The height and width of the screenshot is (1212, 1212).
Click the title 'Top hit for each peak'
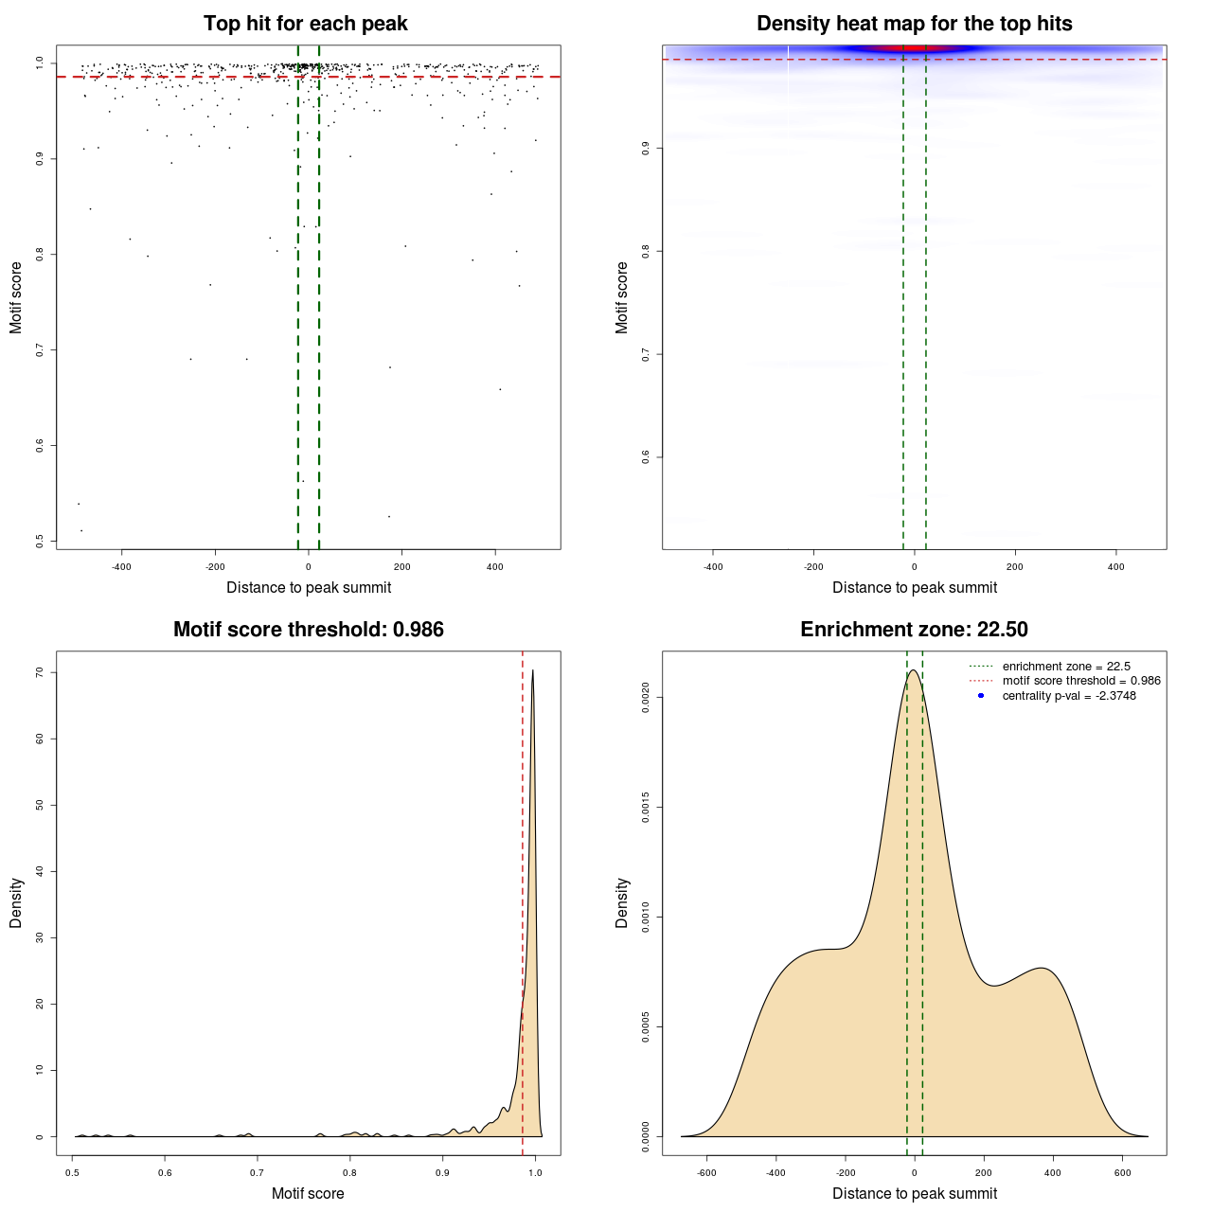coord(305,24)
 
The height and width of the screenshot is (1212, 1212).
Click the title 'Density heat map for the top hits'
coord(914,24)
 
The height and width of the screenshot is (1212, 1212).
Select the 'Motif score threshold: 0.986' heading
coord(308,630)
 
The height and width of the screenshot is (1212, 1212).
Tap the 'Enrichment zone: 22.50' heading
coord(914,630)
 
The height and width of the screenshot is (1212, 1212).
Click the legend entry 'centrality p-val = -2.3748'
coord(1069,696)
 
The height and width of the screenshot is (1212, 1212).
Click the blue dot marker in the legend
coord(981,696)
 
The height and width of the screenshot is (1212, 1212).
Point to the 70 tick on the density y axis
coord(40,672)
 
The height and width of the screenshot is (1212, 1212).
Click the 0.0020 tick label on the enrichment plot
coord(646,698)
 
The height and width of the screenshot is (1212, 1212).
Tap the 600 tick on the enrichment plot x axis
coord(1122,1172)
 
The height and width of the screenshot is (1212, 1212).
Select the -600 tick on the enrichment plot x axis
coord(706,1172)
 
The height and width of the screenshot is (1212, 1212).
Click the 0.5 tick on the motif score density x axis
coord(73,1172)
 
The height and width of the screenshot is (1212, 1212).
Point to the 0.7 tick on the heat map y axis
coord(646,354)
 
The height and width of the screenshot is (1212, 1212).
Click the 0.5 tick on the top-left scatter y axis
coord(40,541)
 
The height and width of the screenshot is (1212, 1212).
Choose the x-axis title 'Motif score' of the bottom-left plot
coord(308,1193)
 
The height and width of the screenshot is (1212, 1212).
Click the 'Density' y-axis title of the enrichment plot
coord(622,902)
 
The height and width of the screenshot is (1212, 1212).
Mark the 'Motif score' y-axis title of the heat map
coord(622,297)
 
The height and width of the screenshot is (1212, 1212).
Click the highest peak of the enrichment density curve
coord(914,670)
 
